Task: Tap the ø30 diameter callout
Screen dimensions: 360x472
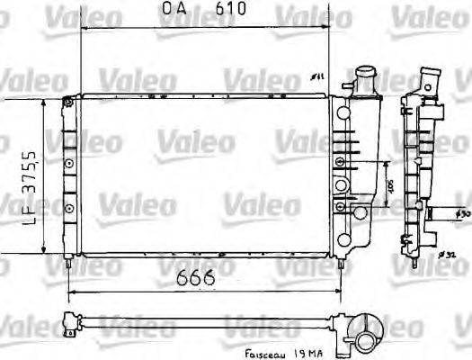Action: coord(461,214)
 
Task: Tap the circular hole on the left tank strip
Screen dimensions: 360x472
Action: coord(68,162)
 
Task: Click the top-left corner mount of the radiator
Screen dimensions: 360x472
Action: coord(67,104)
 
